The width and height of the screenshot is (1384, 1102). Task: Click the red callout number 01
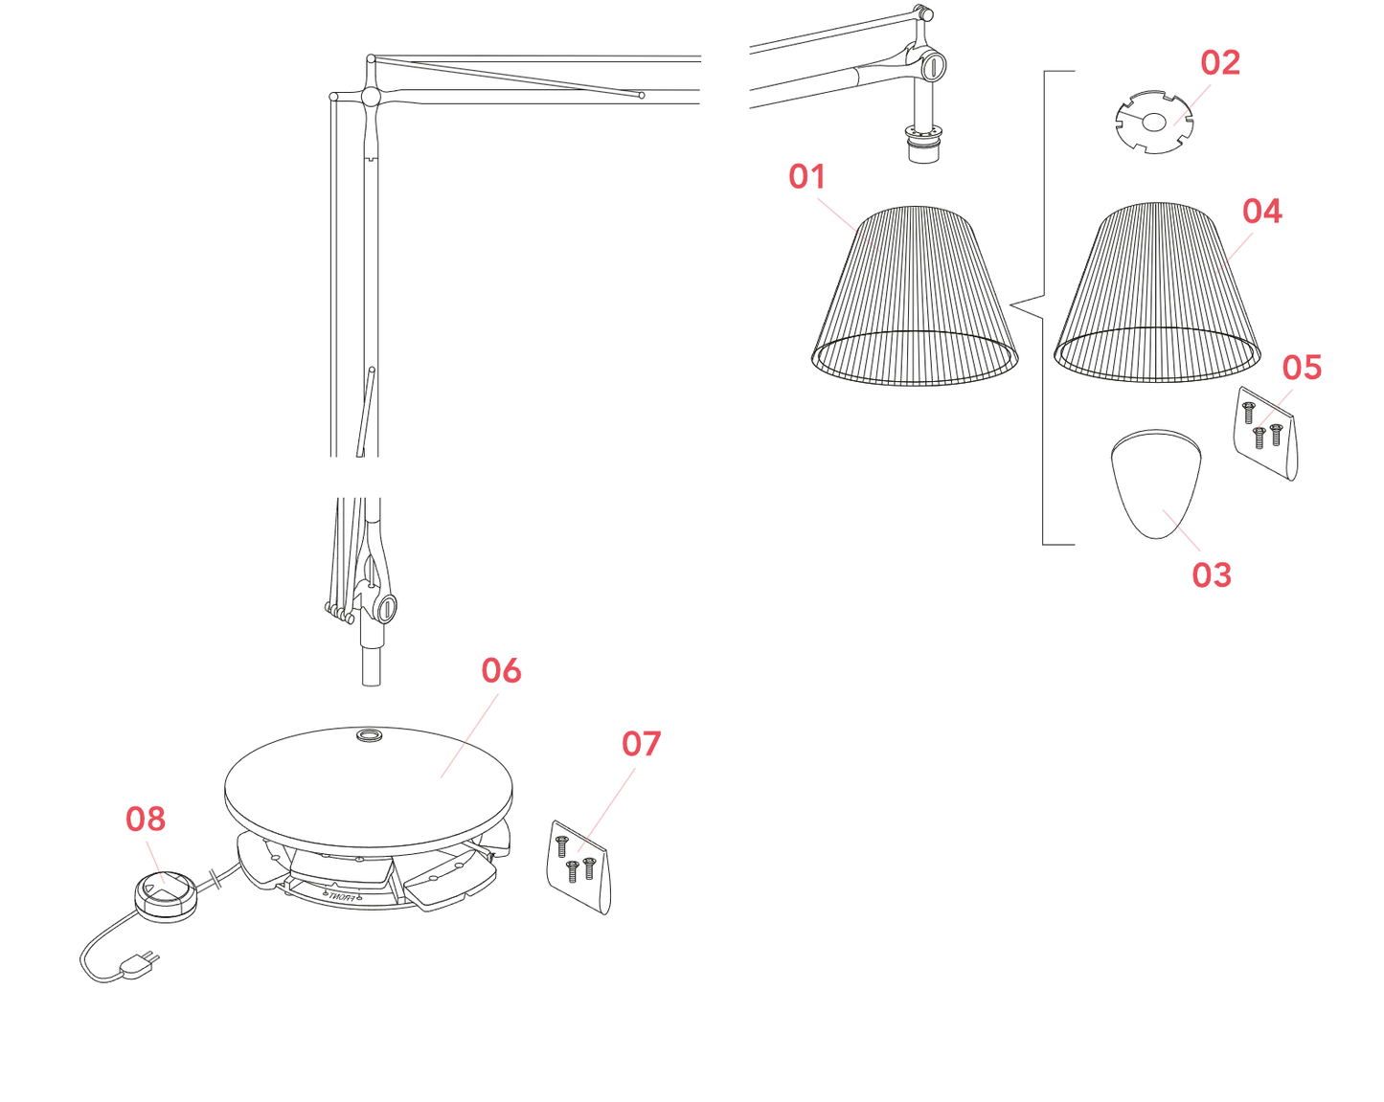[806, 177]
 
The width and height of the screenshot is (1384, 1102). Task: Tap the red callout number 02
[1219, 63]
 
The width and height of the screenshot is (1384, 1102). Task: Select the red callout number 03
[1211, 574]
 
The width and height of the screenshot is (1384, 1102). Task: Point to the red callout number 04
[1261, 211]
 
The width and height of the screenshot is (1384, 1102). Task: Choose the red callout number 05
[1302, 367]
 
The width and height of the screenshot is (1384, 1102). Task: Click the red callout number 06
[501, 670]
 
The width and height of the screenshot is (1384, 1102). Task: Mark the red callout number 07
[641, 743]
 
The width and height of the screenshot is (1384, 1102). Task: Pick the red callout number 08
[146, 820]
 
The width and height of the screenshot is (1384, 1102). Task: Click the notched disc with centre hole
[1154, 122]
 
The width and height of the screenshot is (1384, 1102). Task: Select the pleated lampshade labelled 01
[914, 296]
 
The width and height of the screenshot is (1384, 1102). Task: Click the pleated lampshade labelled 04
[1156, 293]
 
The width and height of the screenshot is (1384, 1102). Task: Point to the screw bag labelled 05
[1264, 433]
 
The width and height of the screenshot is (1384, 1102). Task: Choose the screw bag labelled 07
[579, 866]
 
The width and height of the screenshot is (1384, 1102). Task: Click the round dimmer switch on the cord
[166, 897]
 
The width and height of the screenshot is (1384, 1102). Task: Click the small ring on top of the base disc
[369, 734]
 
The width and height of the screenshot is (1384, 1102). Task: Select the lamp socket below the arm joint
[923, 144]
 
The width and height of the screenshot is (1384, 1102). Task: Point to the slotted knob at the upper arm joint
[934, 66]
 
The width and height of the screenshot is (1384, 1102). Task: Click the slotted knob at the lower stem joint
[387, 608]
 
